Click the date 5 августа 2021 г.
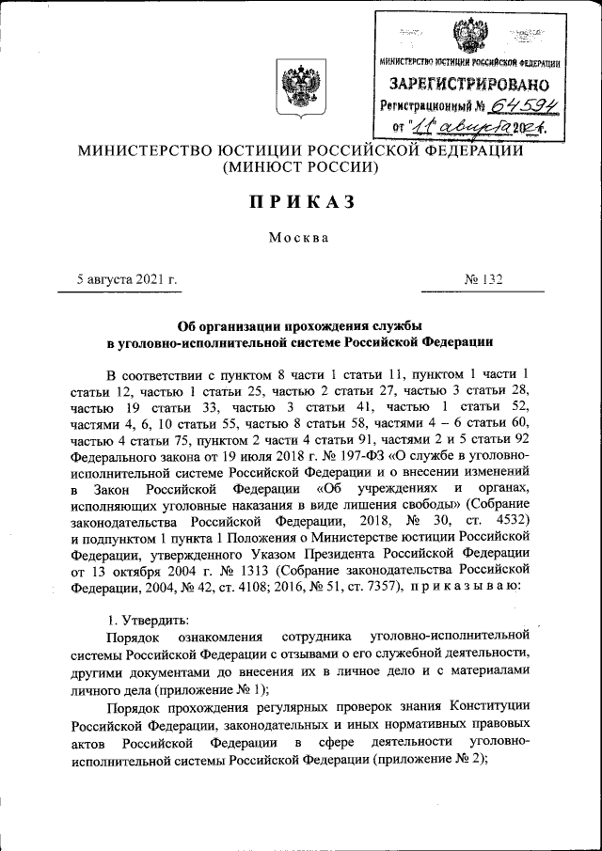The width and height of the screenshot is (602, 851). [x=128, y=279]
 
